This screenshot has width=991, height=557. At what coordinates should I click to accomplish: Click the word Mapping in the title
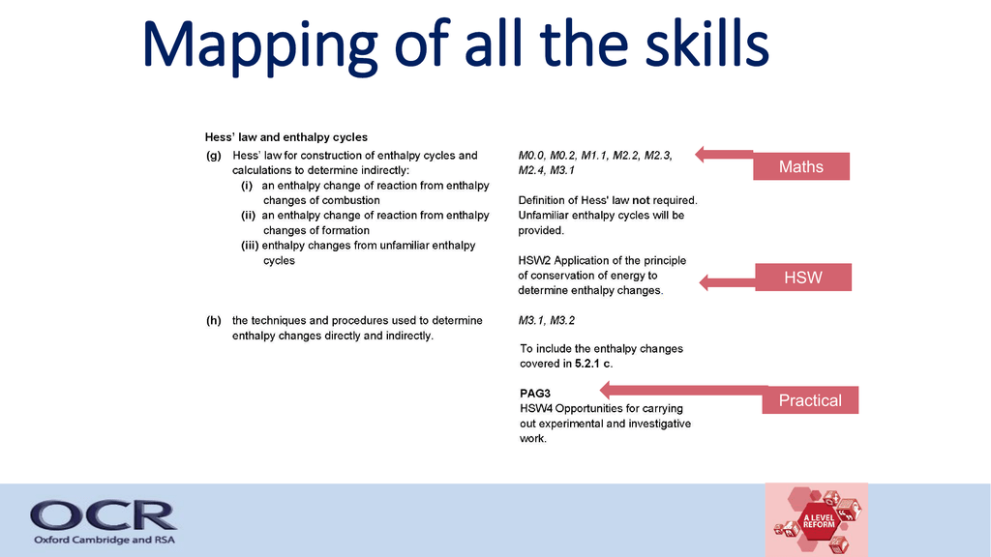click(x=259, y=46)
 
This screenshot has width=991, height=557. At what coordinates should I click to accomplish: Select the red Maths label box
click(x=800, y=166)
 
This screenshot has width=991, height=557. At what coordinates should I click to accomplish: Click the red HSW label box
click(x=802, y=278)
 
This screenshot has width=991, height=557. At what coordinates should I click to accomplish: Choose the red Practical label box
click(x=810, y=399)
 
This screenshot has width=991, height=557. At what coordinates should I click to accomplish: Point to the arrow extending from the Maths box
click(x=724, y=154)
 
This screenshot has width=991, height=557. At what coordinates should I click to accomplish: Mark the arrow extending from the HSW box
click(x=728, y=282)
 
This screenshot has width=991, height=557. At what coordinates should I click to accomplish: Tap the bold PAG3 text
click(x=534, y=394)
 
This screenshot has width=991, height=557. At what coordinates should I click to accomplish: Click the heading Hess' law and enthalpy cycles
click(x=285, y=137)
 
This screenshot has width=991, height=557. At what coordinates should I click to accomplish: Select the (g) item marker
click(x=214, y=156)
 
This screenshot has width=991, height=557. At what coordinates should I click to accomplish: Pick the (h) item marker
click(x=214, y=320)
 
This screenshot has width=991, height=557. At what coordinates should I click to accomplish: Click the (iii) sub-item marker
click(x=250, y=245)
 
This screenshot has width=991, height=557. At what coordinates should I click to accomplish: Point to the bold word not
click(x=641, y=200)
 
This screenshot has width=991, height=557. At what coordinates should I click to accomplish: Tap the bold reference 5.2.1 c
click(x=593, y=364)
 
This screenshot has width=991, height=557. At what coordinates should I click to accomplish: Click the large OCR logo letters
click(x=103, y=515)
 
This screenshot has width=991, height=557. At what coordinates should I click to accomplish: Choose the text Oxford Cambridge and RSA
click(x=105, y=540)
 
